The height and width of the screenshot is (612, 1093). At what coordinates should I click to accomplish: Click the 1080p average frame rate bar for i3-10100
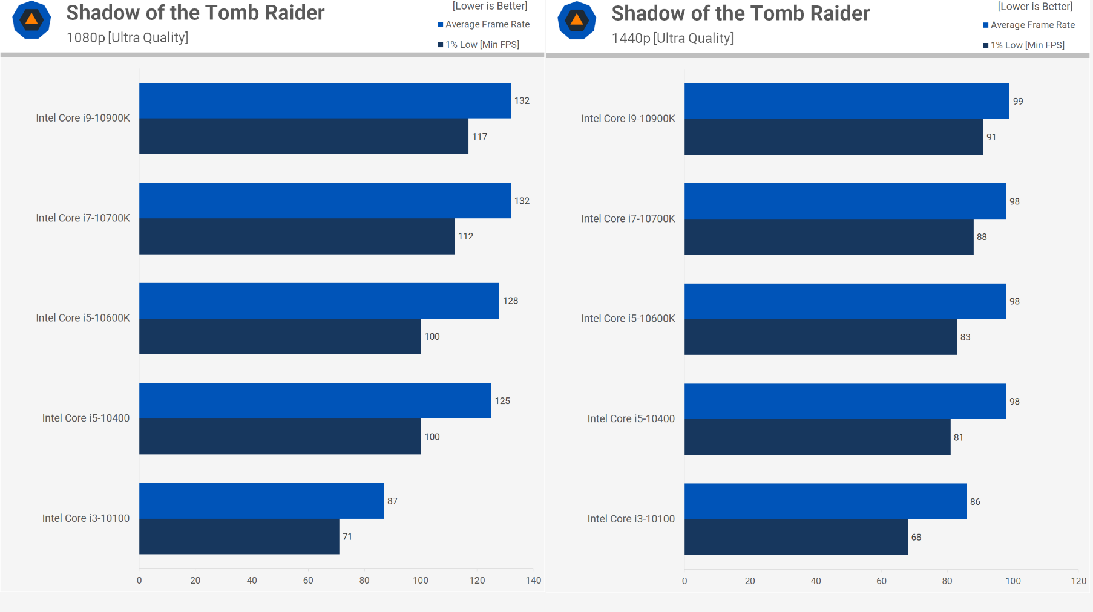(x=261, y=500)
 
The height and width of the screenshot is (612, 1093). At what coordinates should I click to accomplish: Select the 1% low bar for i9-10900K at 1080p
(x=303, y=136)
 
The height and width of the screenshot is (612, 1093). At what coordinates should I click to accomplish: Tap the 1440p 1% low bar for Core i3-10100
(x=796, y=537)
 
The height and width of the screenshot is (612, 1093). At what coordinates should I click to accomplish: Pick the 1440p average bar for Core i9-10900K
(x=847, y=101)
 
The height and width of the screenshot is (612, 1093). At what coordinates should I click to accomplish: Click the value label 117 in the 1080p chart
(x=479, y=137)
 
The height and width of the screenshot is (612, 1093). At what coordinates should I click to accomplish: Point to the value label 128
(x=510, y=301)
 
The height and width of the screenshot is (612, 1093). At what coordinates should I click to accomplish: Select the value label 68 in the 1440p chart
(x=916, y=537)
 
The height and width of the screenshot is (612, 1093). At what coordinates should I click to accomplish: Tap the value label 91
(x=991, y=137)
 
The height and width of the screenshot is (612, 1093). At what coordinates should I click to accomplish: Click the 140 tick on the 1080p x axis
(x=533, y=581)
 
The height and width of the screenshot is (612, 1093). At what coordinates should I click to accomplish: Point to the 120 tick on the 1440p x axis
(x=1078, y=581)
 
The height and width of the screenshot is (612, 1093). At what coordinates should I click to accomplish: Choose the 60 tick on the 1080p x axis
(x=308, y=581)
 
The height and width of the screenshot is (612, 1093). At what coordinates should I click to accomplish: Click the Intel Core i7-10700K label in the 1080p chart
(x=83, y=218)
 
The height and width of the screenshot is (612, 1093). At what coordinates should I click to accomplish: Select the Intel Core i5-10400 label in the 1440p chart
(x=631, y=418)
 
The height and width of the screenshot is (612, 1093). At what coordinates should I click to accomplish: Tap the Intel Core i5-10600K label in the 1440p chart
(x=628, y=319)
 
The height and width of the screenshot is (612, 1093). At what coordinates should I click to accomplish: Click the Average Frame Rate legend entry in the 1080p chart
(x=487, y=24)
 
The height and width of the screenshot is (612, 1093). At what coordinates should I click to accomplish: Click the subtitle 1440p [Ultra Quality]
(x=672, y=38)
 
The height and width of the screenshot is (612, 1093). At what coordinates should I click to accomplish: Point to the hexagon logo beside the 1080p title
(x=31, y=20)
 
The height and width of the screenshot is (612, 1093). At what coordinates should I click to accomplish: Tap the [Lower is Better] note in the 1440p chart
(x=1035, y=7)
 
